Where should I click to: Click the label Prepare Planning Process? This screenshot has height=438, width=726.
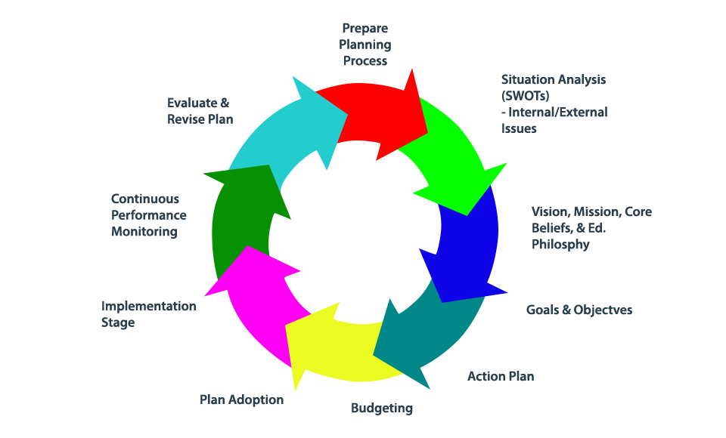[x=365, y=45]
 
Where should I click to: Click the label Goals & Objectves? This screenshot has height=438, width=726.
[x=579, y=310]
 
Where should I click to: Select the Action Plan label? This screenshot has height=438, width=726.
[x=501, y=376]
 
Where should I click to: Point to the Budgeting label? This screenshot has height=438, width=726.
[x=382, y=409]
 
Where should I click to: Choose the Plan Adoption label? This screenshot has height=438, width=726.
[x=242, y=399]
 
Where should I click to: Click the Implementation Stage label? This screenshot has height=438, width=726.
[x=149, y=314]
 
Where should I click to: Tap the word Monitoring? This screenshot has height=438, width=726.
[x=144, y=232]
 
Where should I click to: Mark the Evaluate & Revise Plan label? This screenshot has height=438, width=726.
[x=200, y=111]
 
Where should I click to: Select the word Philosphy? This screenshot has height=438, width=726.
[x=560, y=245]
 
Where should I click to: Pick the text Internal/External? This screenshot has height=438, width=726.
[x=558, y=113]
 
